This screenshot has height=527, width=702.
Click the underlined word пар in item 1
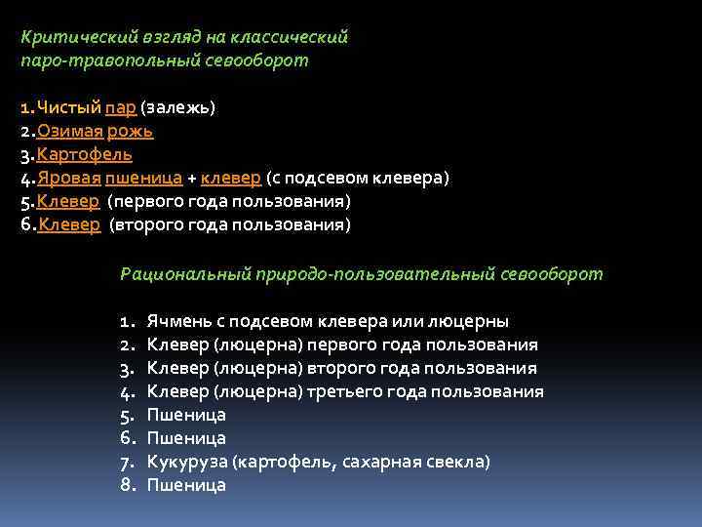(x=122, y=108)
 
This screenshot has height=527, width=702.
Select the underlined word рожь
(x=130, y=132)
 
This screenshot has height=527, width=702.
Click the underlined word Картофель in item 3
(x=85, y=155)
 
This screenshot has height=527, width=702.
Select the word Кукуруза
(x=184, y=462)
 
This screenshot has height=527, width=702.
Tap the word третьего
(x=355, y=391)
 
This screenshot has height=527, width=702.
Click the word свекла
(x=463, y=462)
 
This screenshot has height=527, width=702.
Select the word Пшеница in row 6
(x=186, y=438)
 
